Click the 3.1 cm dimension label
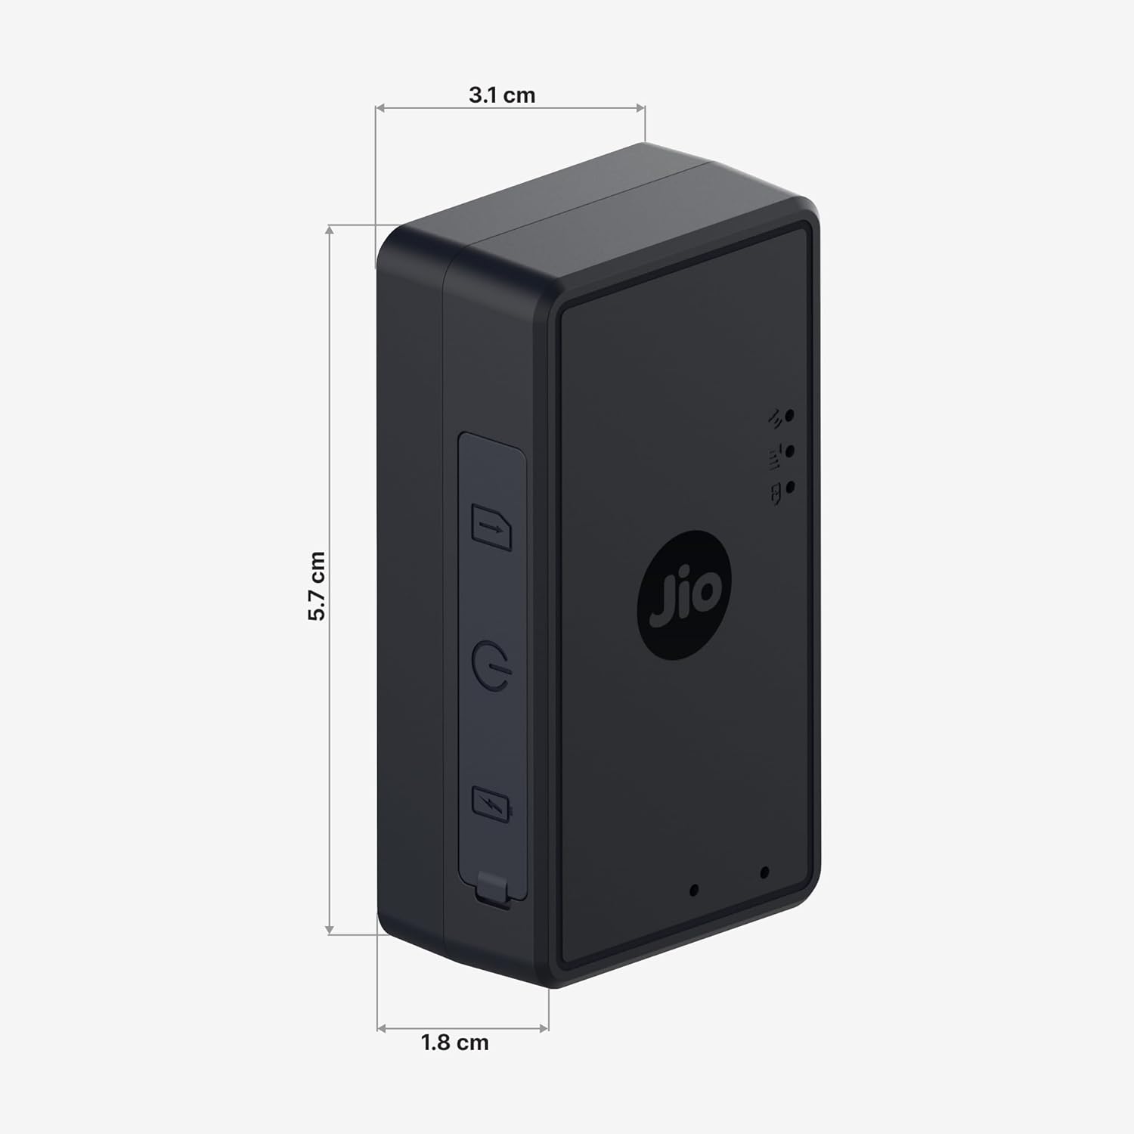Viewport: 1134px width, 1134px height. point(502,95)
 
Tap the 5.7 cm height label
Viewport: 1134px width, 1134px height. point(317,586)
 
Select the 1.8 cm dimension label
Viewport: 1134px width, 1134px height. point(454,1043)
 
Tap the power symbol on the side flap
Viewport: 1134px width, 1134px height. point(493,664)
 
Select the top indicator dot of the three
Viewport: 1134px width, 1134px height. point(790,415)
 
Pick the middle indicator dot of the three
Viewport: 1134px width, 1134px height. point(790,451)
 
